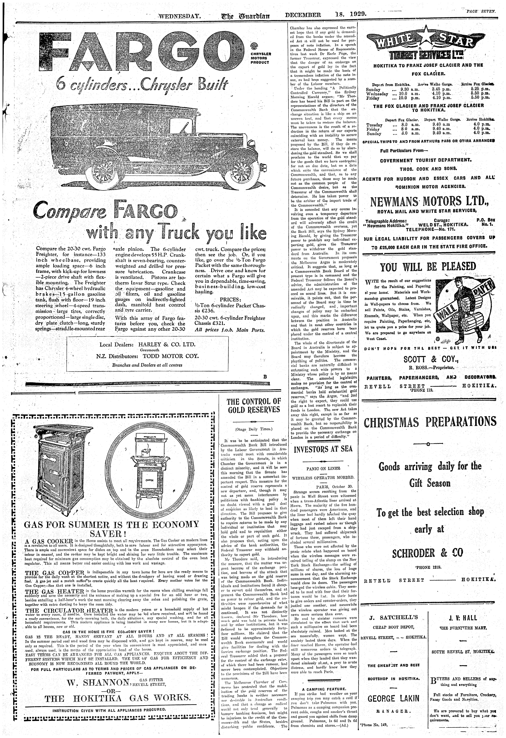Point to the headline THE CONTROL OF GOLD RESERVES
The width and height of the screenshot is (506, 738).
coord(254,406)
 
